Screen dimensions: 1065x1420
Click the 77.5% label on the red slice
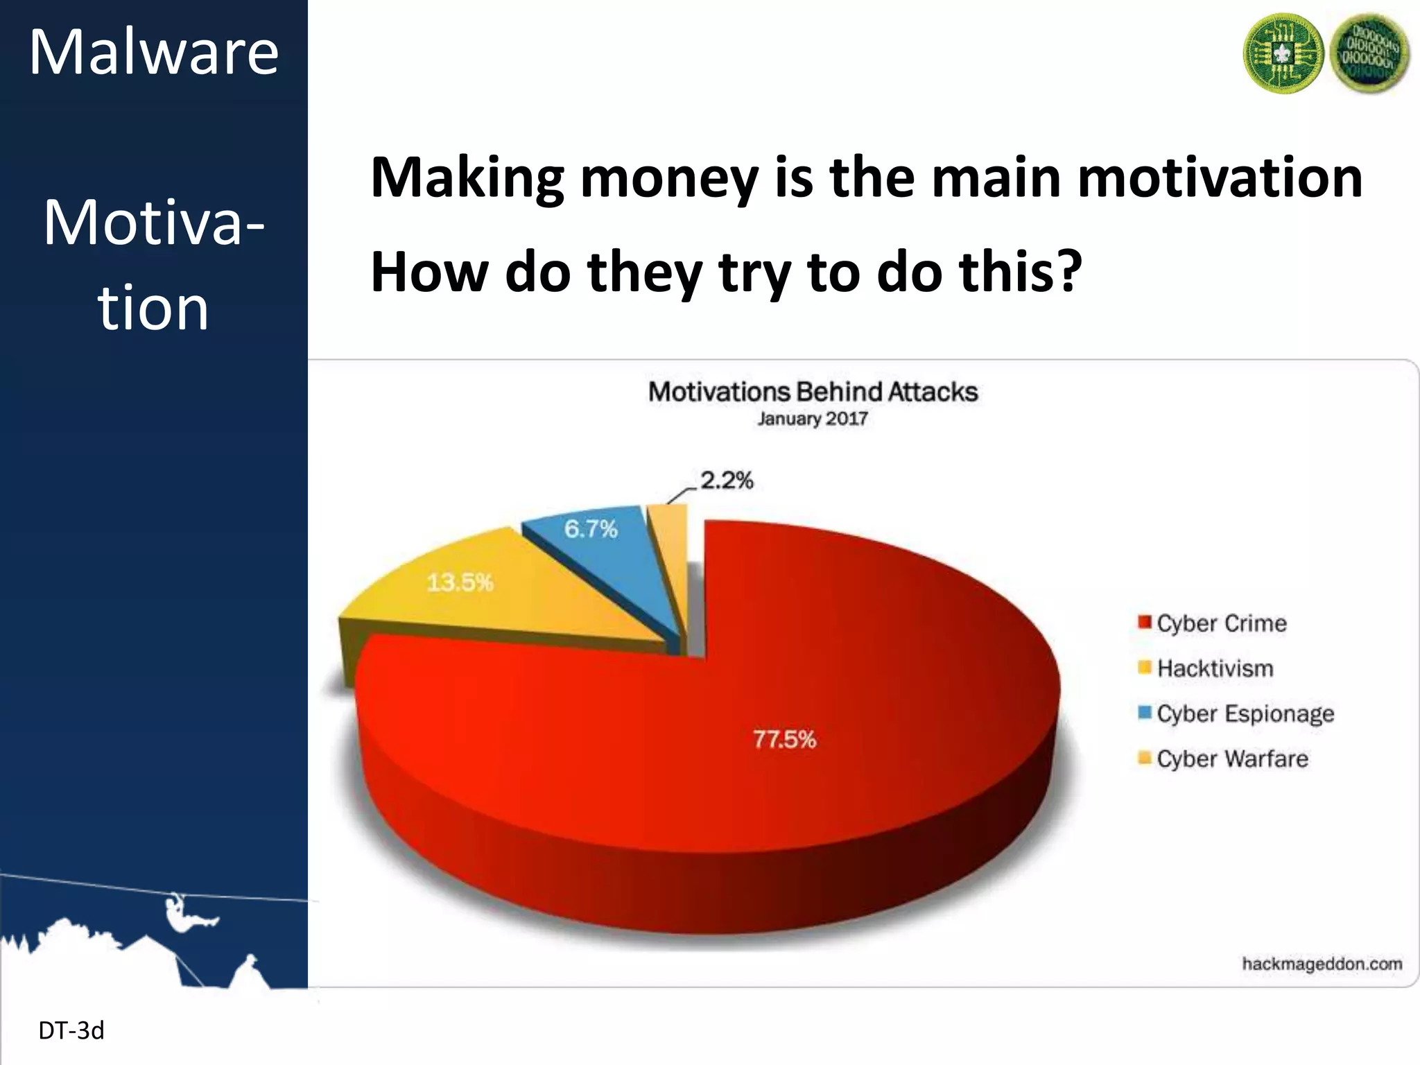784,739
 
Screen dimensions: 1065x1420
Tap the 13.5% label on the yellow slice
460,582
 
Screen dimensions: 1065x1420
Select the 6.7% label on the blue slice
590,529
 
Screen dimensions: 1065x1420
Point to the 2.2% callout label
726,480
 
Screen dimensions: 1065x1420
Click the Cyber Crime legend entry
1220,623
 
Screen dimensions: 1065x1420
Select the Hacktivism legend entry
1214,668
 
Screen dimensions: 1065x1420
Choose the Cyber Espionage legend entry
1244,713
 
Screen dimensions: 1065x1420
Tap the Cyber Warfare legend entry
1231,759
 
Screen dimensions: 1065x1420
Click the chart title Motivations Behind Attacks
813,392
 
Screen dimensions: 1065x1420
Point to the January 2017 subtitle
812,419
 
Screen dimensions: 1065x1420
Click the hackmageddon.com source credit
1322,964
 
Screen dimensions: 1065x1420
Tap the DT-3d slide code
71,1031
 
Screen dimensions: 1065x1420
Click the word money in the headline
669,177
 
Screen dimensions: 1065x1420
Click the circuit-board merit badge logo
1283,53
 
